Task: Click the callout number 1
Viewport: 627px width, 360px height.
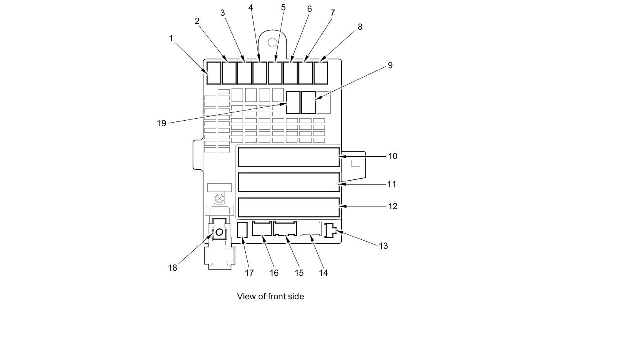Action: point(171,38)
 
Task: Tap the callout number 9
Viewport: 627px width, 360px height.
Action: point(390,65)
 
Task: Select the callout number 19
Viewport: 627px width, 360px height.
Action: point(161,123)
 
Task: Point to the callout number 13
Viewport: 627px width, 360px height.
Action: point(383,246)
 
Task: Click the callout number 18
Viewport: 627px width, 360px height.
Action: point(172,268)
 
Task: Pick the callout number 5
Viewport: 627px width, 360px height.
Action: point(283,7)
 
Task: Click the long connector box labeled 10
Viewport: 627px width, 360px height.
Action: point(288,157)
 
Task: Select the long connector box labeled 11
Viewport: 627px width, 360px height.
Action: point(288,182)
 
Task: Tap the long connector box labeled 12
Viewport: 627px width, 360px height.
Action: point(288,207)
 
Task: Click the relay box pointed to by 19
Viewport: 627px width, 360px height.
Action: point(293,102)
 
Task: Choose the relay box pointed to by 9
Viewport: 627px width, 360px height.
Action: point(308,102)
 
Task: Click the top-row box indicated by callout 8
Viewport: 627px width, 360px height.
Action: point(321,73)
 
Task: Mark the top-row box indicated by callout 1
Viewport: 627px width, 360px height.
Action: point(214,73)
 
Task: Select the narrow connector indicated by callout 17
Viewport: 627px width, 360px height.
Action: point(243,230)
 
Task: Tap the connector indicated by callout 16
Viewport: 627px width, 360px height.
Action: point(262,229)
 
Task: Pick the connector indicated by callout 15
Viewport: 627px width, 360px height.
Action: point(285,229)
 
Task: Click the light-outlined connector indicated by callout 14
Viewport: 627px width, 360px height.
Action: point(311,229)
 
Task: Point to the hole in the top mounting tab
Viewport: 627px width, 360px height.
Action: point(272,42)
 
